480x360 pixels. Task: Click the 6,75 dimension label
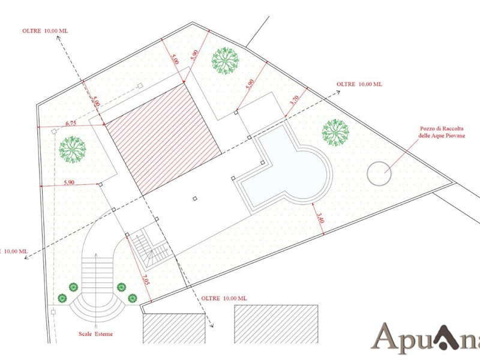click(71, 124)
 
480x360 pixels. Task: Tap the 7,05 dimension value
click(146, 280)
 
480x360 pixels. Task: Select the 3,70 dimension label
click(294, 100)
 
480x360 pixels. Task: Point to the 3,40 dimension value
click(320, 218)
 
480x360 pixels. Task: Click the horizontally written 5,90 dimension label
click(69, 182)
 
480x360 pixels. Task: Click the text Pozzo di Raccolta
click(442, 129)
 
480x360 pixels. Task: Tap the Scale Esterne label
click(95, 334)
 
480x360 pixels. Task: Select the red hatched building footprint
click(163, 139)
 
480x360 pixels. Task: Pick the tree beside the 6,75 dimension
click(73, 149)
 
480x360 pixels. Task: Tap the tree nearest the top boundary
click(225, 61)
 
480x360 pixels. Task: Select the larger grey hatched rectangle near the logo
click(276, 324)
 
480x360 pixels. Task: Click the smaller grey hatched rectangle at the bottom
click(174, 328)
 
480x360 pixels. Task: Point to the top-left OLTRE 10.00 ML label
click(45, 31)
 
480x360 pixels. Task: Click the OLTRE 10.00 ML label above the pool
click(359, 84)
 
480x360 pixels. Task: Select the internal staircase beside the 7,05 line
click(149, 247)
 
